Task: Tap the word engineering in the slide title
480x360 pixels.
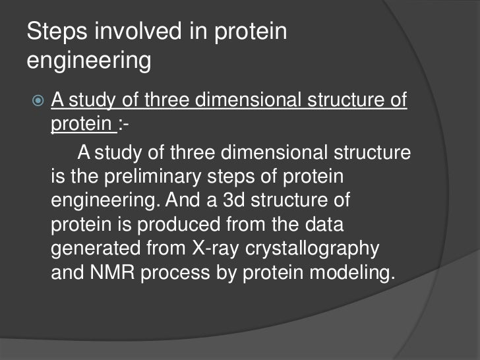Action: tap(89, 61)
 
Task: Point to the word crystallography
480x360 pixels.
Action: tap(323, 249)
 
